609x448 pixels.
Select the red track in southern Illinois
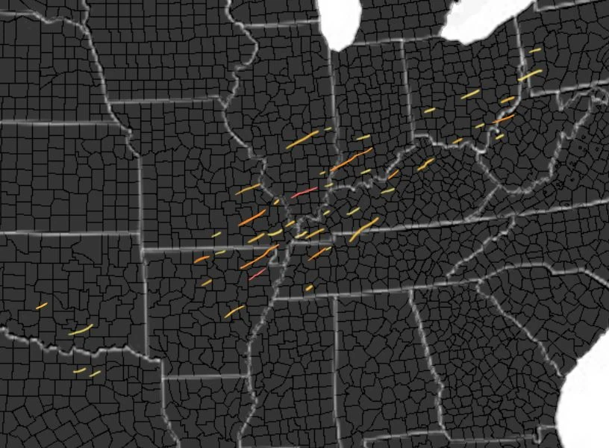click(x=304, y=193)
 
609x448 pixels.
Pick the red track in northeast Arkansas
click(x=257, y=275)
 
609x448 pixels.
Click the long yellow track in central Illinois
click(x=302, y=139)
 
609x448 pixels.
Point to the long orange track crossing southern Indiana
click(x=352, y=159)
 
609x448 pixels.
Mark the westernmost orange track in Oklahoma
click(x=41, y=305)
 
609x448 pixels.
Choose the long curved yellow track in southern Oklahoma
click(x=81, y=329)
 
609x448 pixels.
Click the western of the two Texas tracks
click(x=79, y=370)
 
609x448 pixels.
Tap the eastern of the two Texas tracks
click(x=95, y=373)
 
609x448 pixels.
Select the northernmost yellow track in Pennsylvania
click(x=534, y=50)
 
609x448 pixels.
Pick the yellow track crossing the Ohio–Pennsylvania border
click(x=530, y=75)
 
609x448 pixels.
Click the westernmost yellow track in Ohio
click(x=429, y=111)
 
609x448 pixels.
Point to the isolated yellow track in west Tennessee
click(x=309, y=287)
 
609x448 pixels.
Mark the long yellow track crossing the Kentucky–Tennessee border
click(x=364, y=228)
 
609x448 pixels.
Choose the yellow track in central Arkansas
click(x=234, y=311)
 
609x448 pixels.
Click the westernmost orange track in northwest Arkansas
click(x=202, y=258)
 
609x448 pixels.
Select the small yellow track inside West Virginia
click(x=499, y=137)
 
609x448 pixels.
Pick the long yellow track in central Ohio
click(x=470, y=94)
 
